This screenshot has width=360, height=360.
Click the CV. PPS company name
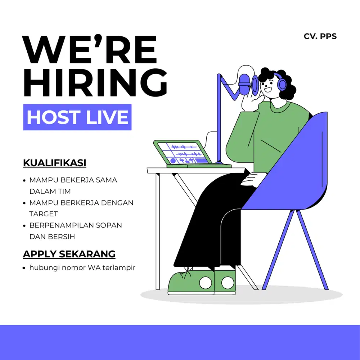[320, 36]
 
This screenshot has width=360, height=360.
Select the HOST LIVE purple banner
[77, 117]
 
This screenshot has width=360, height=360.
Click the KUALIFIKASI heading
[55, 163]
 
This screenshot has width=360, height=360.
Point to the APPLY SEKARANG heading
[69, 254]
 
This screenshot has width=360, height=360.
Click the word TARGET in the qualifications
[44, 214]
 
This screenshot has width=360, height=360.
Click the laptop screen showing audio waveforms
[184, 153]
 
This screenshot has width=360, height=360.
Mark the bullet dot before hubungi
[24, 268]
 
